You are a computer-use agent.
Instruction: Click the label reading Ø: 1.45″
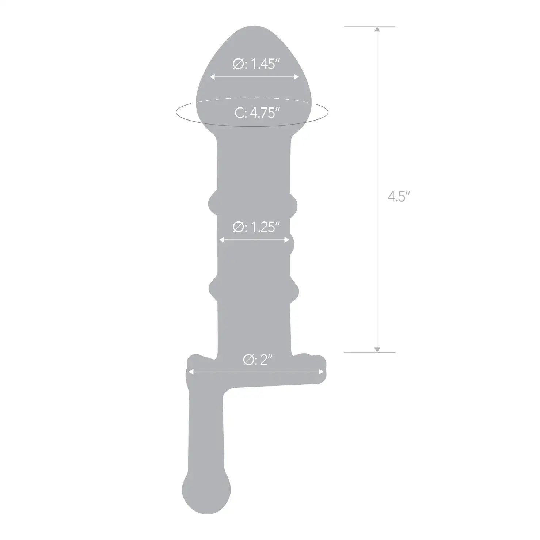point(256,64)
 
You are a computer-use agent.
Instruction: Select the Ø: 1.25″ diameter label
point(256,227)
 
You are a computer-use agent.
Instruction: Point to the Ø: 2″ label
point(258,360)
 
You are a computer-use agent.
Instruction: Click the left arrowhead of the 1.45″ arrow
point(212,77)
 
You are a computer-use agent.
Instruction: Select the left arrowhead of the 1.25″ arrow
point(221,240)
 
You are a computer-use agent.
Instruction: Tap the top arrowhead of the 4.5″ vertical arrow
point(377,30)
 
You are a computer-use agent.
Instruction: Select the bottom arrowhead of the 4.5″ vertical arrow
point(377,350)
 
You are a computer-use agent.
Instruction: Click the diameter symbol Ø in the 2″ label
point(247,360)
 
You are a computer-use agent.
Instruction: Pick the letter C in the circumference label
point(239,113)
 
